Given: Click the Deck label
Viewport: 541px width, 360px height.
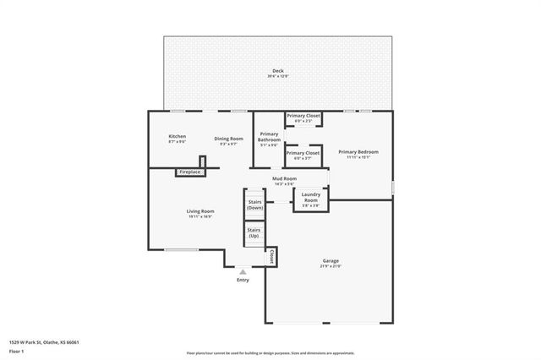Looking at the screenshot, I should [278, 70].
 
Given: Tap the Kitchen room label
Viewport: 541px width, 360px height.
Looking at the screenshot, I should [177, 137].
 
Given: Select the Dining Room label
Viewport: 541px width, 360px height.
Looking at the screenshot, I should [228, 139].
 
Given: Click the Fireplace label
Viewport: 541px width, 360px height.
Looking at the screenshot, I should [190, 172].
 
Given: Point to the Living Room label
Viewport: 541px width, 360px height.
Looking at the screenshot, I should [200, 211].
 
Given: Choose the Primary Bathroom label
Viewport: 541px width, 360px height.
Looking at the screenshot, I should [269, 137].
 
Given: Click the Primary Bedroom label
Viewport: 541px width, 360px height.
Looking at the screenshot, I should [358, 152].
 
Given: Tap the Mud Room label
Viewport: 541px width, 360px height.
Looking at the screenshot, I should [284, 178].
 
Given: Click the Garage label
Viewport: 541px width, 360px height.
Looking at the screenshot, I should [330, 261].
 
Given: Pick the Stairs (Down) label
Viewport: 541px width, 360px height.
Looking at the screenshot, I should [254, 205].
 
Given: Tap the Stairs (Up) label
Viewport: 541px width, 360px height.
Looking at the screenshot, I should [254, 232].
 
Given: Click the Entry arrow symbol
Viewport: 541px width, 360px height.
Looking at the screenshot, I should [243, 271].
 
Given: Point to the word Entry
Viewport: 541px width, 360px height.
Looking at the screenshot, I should [243, 280].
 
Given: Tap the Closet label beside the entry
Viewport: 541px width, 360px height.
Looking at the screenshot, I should [271, 255].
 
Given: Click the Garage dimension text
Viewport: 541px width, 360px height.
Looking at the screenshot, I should [330, 266].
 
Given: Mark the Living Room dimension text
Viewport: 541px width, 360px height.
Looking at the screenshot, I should [200, 216].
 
